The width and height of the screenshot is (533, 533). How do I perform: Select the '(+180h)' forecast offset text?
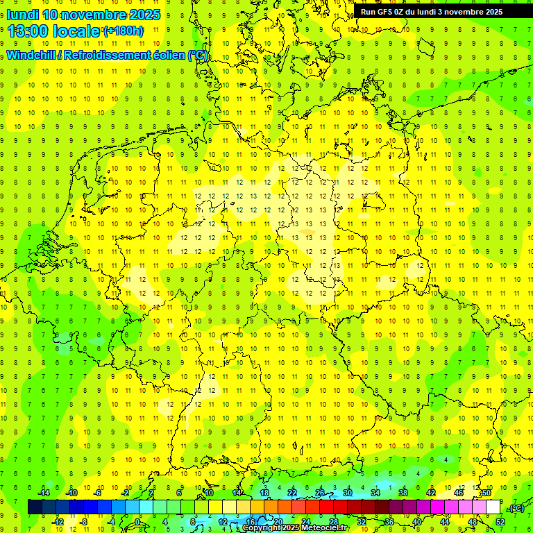pos(124,31)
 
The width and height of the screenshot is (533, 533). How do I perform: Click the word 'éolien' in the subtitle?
pos(169,56)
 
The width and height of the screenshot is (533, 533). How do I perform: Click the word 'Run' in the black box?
pos(369,12)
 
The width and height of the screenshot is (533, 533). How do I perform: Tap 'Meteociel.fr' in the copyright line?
pos(325,528)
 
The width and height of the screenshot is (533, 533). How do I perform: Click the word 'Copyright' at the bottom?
pos(262,528)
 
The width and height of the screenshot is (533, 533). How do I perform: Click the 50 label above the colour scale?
pos(487,493)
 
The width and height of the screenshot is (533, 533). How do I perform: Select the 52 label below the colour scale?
pos(500,522)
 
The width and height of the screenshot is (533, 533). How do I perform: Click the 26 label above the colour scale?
pos(320,493)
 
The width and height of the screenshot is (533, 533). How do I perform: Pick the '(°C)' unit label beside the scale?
pos(516,508)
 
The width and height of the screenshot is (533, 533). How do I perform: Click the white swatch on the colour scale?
pos(493,507)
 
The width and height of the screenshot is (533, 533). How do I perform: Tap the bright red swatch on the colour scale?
pos(327,507)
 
